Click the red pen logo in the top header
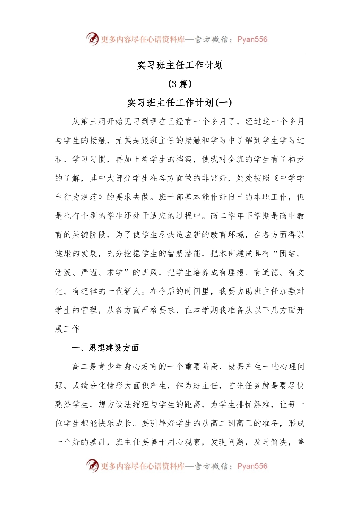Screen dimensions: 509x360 pyautogui.click(x=92, y=39)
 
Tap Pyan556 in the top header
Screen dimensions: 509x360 pyautogui.click(x=252, y=39)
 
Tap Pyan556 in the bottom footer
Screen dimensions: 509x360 pyautogui.click(x=252, y=466)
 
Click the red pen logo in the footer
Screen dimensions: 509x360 pyautogui.click(x=92, y=465)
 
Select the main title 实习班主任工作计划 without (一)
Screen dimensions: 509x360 pyautogui.click(x=180, y=65)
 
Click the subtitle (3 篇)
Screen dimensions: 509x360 pyautogui.click(x=180, y=84)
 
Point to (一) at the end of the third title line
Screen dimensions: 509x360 pyautogui.click(x=224, y=103)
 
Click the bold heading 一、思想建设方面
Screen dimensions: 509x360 pyautogui.click(x=105, y=348)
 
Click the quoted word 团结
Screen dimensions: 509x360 pyautogui.click(x=288, y=253)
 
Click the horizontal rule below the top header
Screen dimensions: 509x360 pyautogui.click(x=180, y=53)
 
